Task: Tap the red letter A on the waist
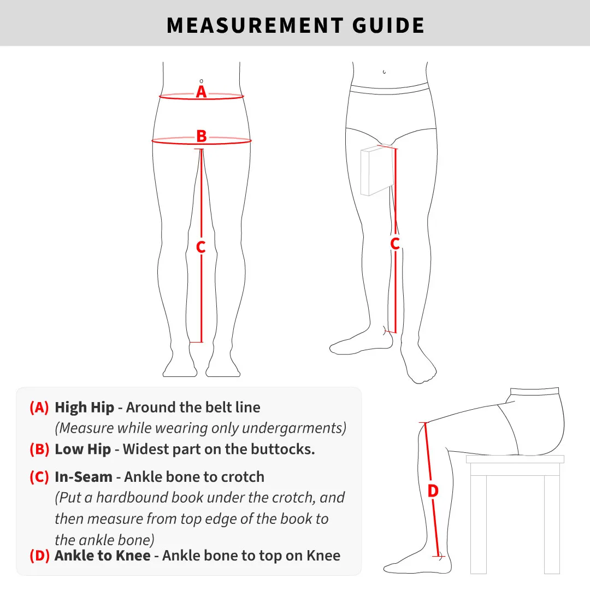(202, 92)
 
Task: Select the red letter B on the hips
(202, 136)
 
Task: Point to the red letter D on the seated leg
(433, 491)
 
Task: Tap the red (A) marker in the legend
(39, 408)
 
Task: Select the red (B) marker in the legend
(39, 450)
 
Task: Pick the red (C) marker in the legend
(39, 477)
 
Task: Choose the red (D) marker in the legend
(39, 556)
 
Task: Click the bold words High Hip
(85, 408)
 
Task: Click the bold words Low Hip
(83, 450)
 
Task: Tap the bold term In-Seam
(84, 477)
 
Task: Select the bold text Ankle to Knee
(103, 556)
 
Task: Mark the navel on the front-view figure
(202, 80)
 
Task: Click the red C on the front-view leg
(201, 247)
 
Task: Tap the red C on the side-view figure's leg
(395, 244)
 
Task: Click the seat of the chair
(515, 459)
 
